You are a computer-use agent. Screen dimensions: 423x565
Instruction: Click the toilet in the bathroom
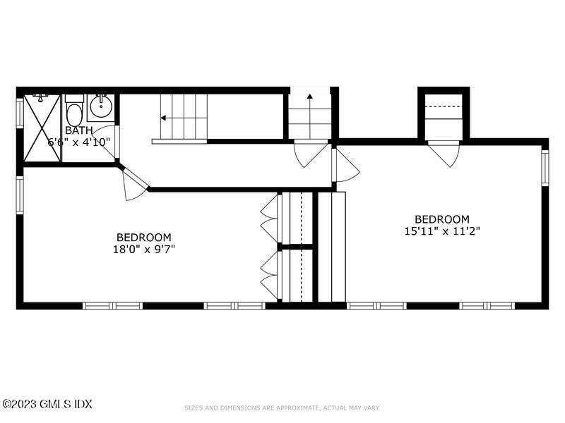tap(74, 113)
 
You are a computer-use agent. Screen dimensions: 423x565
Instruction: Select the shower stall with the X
tap(42, 128)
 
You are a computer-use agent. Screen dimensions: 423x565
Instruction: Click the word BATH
tap(78, 130)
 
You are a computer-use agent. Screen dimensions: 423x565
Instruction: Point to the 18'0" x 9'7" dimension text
tap(143, 249)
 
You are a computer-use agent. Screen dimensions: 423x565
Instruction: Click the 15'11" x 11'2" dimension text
tap(441, 231)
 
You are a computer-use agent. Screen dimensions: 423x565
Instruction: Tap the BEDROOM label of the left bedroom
tap(143, 238)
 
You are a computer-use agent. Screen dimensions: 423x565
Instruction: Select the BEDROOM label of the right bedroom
tap(441, 219)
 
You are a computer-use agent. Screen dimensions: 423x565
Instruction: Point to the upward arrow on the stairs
tap(309, 97)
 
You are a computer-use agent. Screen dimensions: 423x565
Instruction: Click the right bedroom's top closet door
tap(444, 154)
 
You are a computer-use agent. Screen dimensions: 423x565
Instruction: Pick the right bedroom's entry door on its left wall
tap(345, 166)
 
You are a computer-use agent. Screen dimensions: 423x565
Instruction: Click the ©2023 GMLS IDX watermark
tap(47, 404)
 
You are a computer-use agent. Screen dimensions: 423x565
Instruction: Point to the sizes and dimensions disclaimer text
tap(282, 407)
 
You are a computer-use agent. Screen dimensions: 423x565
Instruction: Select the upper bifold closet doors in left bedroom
tap(269, 218)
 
